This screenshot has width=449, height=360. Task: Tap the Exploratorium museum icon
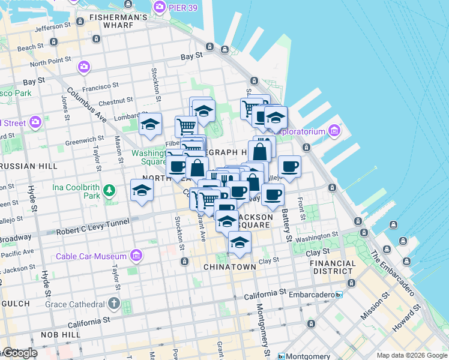[x=334, y=131]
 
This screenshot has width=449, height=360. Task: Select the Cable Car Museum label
[x=91, y=256]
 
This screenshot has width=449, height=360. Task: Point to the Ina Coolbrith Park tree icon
[x=109, y=191]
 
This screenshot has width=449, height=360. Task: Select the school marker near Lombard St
[x=149, y=125]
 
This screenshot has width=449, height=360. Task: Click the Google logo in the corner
[x=20, y=353]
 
